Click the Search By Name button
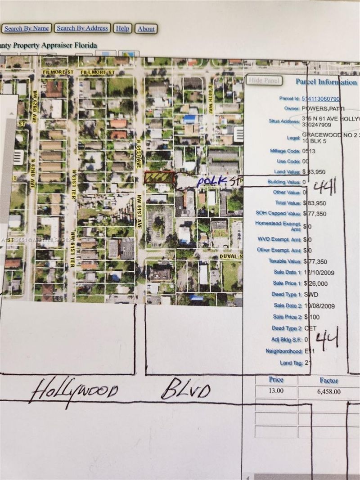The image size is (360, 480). click(27, 28)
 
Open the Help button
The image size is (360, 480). click(122, 28)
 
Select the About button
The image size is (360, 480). click(146, 29)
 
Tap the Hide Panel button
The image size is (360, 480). click(265, 81)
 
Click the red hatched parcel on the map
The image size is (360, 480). click(159, 178)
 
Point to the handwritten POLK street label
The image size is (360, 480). click(211, 180)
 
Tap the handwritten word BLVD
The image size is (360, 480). click(186, 390)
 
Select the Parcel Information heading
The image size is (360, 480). click(326, 82)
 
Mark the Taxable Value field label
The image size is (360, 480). click(285, 261)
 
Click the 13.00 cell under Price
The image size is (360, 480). click(276, 390)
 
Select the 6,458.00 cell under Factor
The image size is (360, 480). click(328, 391)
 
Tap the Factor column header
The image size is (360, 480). click(329, 380)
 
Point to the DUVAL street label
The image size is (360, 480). click(231, 256)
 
